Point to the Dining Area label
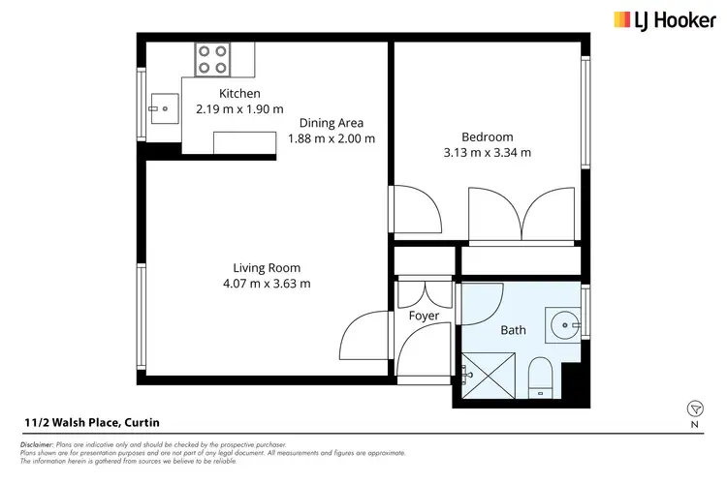(331, 123)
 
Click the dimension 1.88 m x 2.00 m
(331, 138)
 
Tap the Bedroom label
(487, 136)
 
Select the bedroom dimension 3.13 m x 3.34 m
(487, 152)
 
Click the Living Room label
(266, 268)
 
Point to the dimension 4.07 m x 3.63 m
(266, 284)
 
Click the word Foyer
(424, 316)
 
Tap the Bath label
(513, 330)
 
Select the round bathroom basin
(559, 322)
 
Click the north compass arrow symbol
(694, 408)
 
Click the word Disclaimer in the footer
(36, 443)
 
